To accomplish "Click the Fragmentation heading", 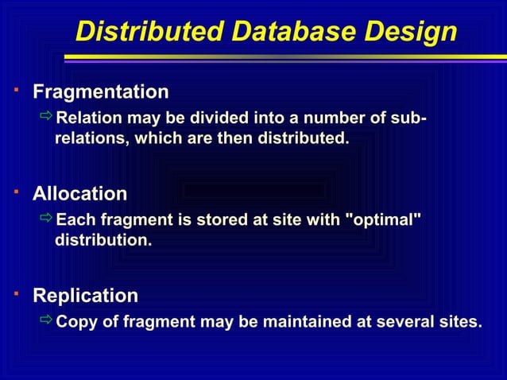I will [100, 92].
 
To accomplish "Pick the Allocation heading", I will [79, 194].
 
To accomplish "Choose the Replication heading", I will [85, 297].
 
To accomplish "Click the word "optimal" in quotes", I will [382, 219].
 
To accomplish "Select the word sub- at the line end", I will [409, 119].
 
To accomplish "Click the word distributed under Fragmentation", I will [303, 138].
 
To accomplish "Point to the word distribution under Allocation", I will [103, 239].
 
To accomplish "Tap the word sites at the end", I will [459, 322].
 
